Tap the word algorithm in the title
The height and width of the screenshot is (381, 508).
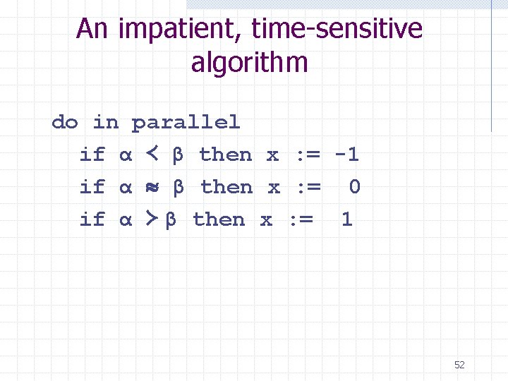[249, 63]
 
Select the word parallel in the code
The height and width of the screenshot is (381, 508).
[186, 123]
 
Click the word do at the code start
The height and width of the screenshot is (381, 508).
[64, 123]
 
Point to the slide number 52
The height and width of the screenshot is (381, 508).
[459, 365]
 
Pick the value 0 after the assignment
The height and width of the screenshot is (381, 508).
[354, 187]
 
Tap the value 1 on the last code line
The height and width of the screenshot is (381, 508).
[346, 219]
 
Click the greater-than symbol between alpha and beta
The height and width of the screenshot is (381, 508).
[150, 219]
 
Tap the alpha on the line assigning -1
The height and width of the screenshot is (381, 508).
[125, 155]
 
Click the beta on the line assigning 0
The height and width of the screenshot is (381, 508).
[179, 188]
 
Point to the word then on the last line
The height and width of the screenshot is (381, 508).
[219, 219]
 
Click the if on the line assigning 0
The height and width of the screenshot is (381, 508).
[92, 187]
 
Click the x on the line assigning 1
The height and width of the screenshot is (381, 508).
[266, 220]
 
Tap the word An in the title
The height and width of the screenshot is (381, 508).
[92, 30]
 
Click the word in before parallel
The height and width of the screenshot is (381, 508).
[106, 123]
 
